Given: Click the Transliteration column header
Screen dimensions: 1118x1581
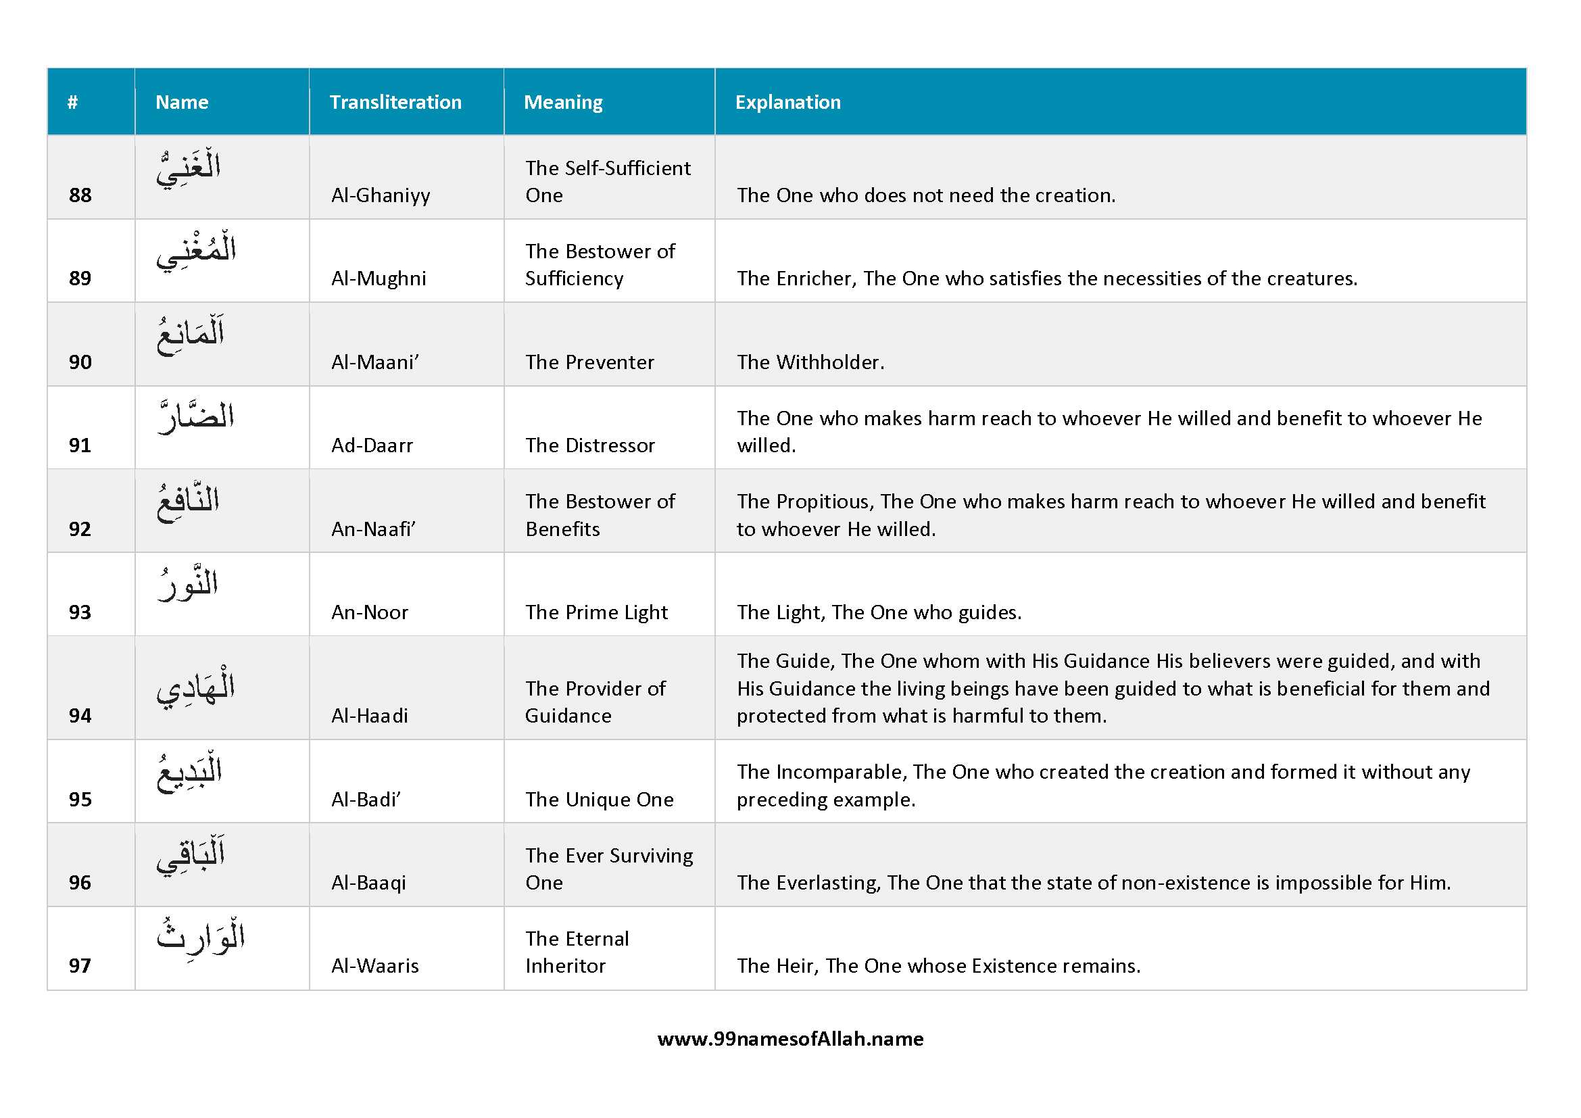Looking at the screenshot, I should pyautogui.click(x=395, y=103).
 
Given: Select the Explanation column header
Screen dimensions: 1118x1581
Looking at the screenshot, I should pyautogui.click(x=787, y=103).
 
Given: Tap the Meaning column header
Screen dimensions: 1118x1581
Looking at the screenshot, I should pyautogui.click(x=562, y=103).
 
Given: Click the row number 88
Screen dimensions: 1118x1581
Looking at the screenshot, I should pyautogui.click(x=80, y=195).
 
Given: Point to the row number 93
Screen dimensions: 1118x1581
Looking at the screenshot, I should pyautogui.click(x=80, y=612).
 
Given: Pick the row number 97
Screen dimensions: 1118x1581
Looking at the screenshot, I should pyautogui.click(x=80, y=965).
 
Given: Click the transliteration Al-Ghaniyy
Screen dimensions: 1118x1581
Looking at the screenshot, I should pyautogui.click(x=380, y=195).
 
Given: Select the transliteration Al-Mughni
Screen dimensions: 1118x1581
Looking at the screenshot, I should pyautogui.click(x=378, y=278).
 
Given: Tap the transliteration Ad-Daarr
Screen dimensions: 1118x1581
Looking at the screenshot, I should pyautogui.click(x=372, y=445).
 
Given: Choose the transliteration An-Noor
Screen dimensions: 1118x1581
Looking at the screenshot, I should pyautogui.click(x=370, y=612).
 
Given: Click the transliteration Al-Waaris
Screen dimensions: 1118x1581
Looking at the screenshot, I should pyautogui.click(x=374, y=965).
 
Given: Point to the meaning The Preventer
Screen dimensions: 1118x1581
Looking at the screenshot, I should pyautogui.click(x=589, y=362).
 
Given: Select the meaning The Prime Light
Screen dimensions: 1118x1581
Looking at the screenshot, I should pyautogui.click(x=596, y=612).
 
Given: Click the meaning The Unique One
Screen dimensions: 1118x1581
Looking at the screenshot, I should pyautogui.click(x=599, y=799).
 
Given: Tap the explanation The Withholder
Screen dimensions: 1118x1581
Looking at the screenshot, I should pyautogui.click(x=810, y=362).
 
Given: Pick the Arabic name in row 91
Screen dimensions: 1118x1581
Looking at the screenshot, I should pyautogui.click(x=195, y=416).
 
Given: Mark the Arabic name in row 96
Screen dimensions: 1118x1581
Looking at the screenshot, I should pyautogui.click(x=191, y=855).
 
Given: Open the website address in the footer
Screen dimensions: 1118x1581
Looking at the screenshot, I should pyautogui.click(x=791, y=1038).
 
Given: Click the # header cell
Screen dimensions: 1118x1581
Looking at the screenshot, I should pyautogui.click(x=72, y=103).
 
